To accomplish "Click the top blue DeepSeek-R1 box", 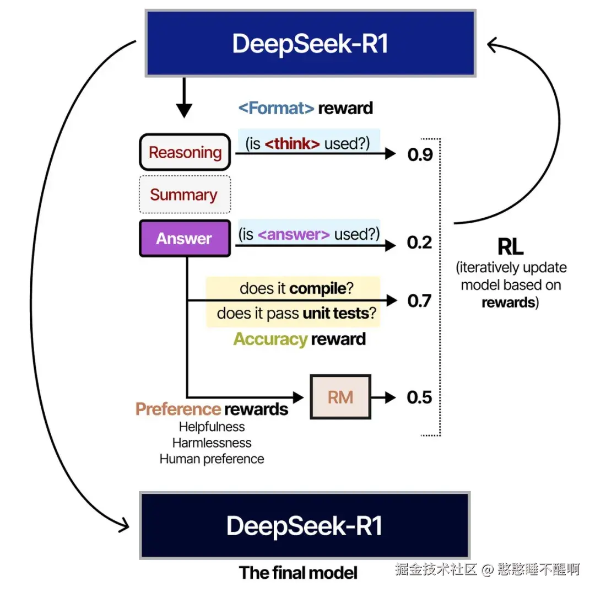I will pyautogui.click(x=310, y=43).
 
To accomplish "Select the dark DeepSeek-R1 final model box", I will pyautogui.click(x=305, y=525).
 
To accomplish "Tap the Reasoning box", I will pyautogui.click(x=185, y=152).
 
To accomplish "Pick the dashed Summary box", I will pyautogui.click(x=183, y=195).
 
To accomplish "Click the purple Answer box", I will pyautogui.click(x=184, y=238).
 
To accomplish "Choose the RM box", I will pyautogui.click(x=340, y=397).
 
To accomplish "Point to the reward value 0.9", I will pyautogui.click(x=420, y=155).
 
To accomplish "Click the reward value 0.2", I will pyautogui.click(x=420, y=243).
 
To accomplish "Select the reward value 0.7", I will pyautogui.click(x=420, y=301).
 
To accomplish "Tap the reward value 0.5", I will pyautogui.click(x=420, y=397).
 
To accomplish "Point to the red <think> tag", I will pyautogui.click(x=292, y=144).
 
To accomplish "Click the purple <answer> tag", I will pyautogui.click(x=294, y=234).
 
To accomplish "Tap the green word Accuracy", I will pyautogui.click(x=269, y=338).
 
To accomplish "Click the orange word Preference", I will pyautogui.click(x=178, y=409).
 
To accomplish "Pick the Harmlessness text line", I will pyautogui.click(x=212, y=443).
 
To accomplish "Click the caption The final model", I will pyautogui.click(x=298, y=573).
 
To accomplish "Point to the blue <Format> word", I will pyautogui.click(x=276, y=107).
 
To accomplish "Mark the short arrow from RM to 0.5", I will pyautogui.click(x=385, y=397).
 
